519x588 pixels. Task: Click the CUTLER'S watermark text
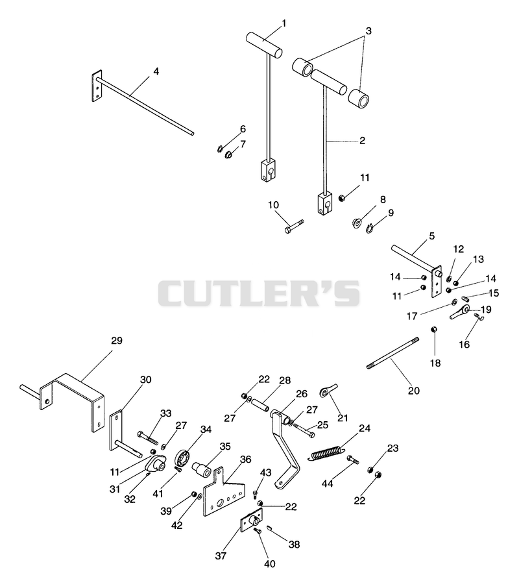tap(259, 293)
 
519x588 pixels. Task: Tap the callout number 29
tap(117, 341)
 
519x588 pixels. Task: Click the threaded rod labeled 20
tap(392, 353)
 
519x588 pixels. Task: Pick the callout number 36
tap(245, 459)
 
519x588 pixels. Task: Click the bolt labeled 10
tap(294, 227)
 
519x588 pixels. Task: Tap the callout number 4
tap(156, 71)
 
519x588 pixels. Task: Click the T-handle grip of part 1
tap(264, 45)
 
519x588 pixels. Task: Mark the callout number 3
tap(368, 31)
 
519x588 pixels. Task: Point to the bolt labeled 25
tap(304, 430)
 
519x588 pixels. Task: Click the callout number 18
tap(435, 363)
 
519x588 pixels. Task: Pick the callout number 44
tap(327, 484)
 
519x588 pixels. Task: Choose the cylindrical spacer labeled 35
tap(202, 469)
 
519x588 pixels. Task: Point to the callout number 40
tap(270, 563)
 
